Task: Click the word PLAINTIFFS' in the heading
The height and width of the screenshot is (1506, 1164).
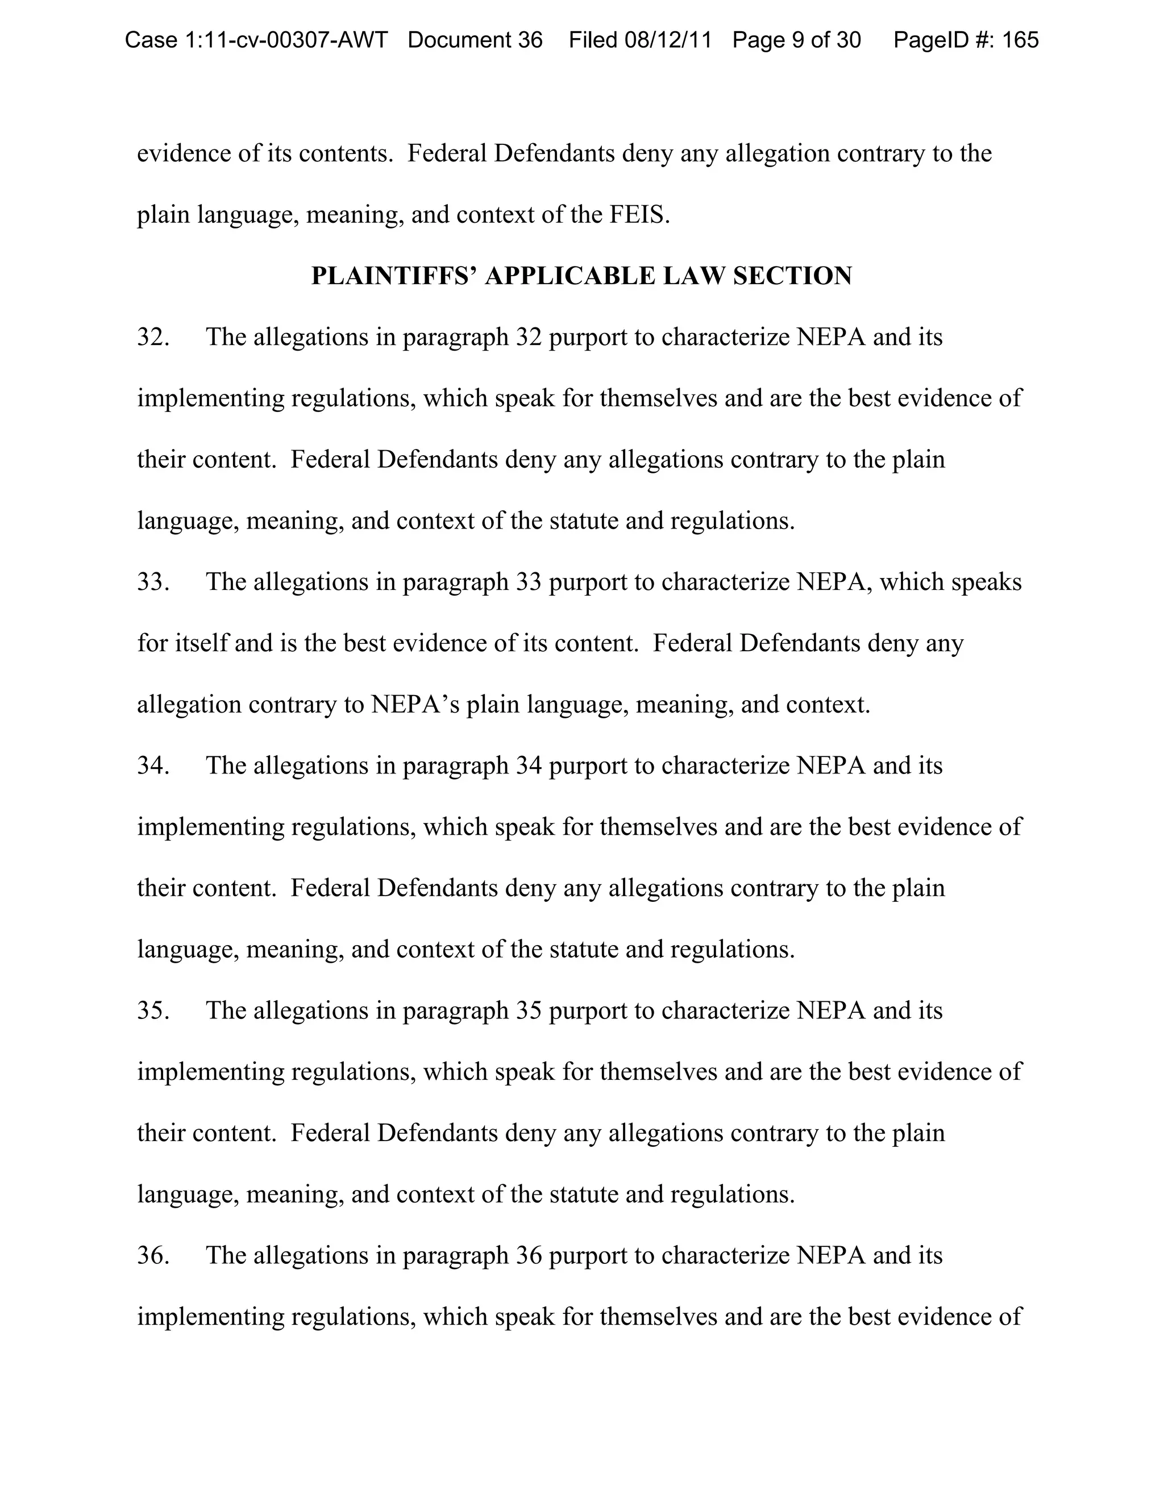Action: (x=394, y=276)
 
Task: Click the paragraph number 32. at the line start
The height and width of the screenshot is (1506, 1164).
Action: (x=153, y=337)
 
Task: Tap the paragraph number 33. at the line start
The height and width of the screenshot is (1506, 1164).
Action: (x=153, y=582)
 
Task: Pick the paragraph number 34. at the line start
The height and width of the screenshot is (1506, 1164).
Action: (x=153, y=766)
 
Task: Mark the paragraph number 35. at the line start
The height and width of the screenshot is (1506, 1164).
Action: (x=153, y=1010)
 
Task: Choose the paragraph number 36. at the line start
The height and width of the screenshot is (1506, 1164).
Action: (x=153, y=1255)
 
